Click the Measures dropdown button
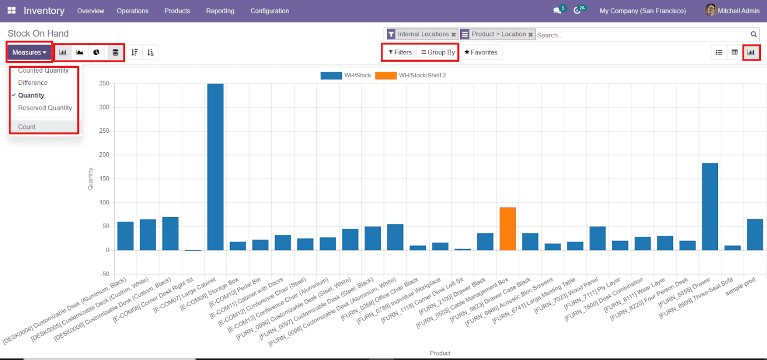pos(29,52)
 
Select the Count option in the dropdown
pos(27,127)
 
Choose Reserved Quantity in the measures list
pos(45,108)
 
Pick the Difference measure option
pos(33,83)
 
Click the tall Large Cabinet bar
pos(216,167)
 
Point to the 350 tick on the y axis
pos(104,84)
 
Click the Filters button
pos(400,52)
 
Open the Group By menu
pos(438,52)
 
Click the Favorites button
pos(481,52)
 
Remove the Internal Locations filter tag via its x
pos(454,34)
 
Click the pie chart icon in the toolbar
pos(97,52)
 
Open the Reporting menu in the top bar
pos(220,11)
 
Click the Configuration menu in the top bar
pos(270,11)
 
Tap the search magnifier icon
pos(754,34)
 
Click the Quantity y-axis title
pos(91,179)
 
